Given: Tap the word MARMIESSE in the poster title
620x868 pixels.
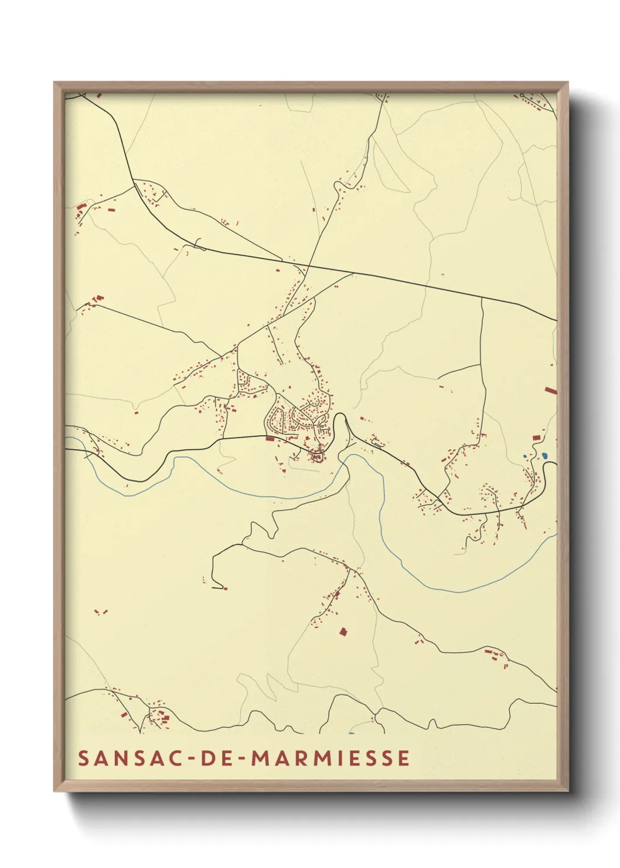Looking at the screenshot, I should [x=331, y=758].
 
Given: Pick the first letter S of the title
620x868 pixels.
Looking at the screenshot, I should [x=83, y=758].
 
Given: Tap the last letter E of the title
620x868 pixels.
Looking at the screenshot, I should [x=404, y=758].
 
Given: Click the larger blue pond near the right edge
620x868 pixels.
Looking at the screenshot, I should [x=544, y=455].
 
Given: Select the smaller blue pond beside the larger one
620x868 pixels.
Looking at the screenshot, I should [x=525, y=456].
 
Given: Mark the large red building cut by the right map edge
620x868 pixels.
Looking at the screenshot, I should [x=550, y=390].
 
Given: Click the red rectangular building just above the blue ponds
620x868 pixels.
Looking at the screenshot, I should [x=536, y=438].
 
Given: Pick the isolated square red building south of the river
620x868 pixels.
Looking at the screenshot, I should [x=343, y=632].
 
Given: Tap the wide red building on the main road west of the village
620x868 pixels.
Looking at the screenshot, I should [x=270, y=438].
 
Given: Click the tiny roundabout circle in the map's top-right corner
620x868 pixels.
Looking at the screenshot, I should [x=522, y=95].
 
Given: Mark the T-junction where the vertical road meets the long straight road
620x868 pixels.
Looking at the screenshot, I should [x=482, y=297].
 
